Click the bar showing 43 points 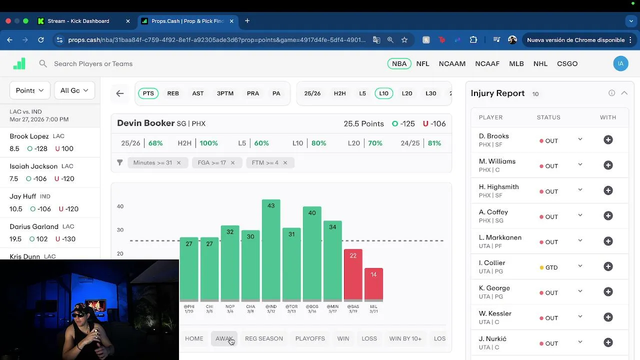[x=271, y=250]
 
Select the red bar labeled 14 [x=373, y=284]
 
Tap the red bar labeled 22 [x=353, y=275]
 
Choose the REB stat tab [x=173, y=93]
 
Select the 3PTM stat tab [x=225, y=93]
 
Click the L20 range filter [x=407, y=93]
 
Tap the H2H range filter [x=339, y=93]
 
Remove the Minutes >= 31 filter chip [x=178, y=162]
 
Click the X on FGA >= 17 [x=232, y=162]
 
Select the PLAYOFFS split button [x=310, y=338]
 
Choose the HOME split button [x=194, y=338]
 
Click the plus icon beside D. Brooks [x=608, y=140]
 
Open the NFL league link [x=422, y=63]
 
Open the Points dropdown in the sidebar [x=29, y=90]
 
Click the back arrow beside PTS [x=120, y=93]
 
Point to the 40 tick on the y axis [x=120, y=206]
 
